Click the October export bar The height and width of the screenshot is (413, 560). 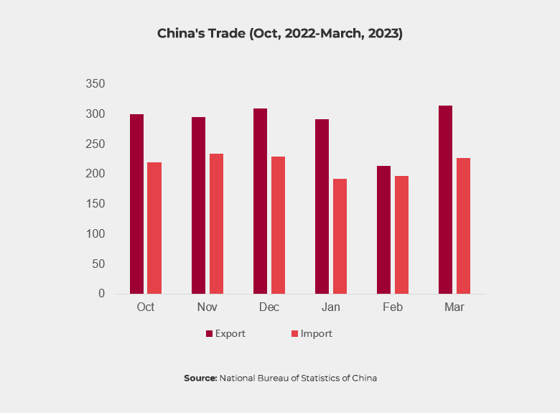coord(136,204)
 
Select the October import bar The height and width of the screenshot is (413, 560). coord(154,228)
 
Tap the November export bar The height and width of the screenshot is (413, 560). coord(198,205)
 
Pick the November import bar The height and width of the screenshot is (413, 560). coord(216,223)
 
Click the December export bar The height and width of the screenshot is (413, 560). coord(260,201)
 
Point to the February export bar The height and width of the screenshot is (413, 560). coord(383,230)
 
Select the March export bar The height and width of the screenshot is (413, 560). coord(445,200)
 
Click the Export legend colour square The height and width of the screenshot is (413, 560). coord(210,334)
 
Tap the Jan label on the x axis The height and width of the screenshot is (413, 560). coord(330,307)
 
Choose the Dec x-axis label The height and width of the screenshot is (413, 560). coord(269,307)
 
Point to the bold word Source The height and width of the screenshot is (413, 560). coord(200,378)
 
